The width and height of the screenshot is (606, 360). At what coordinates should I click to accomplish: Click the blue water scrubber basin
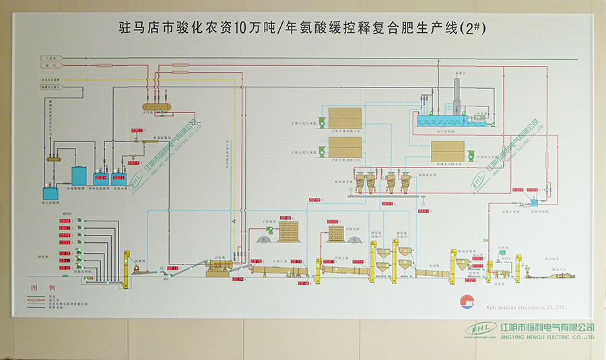[441, 121]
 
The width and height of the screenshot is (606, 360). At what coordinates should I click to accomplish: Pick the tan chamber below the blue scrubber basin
[446, 151]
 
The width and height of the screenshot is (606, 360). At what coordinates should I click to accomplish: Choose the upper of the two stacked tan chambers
[345, 119]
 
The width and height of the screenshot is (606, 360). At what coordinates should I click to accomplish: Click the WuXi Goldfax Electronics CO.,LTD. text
[512, 306]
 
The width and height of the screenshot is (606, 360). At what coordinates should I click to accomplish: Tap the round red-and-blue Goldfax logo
[464, 301]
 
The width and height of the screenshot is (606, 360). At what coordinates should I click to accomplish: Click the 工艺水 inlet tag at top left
[50, 59]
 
